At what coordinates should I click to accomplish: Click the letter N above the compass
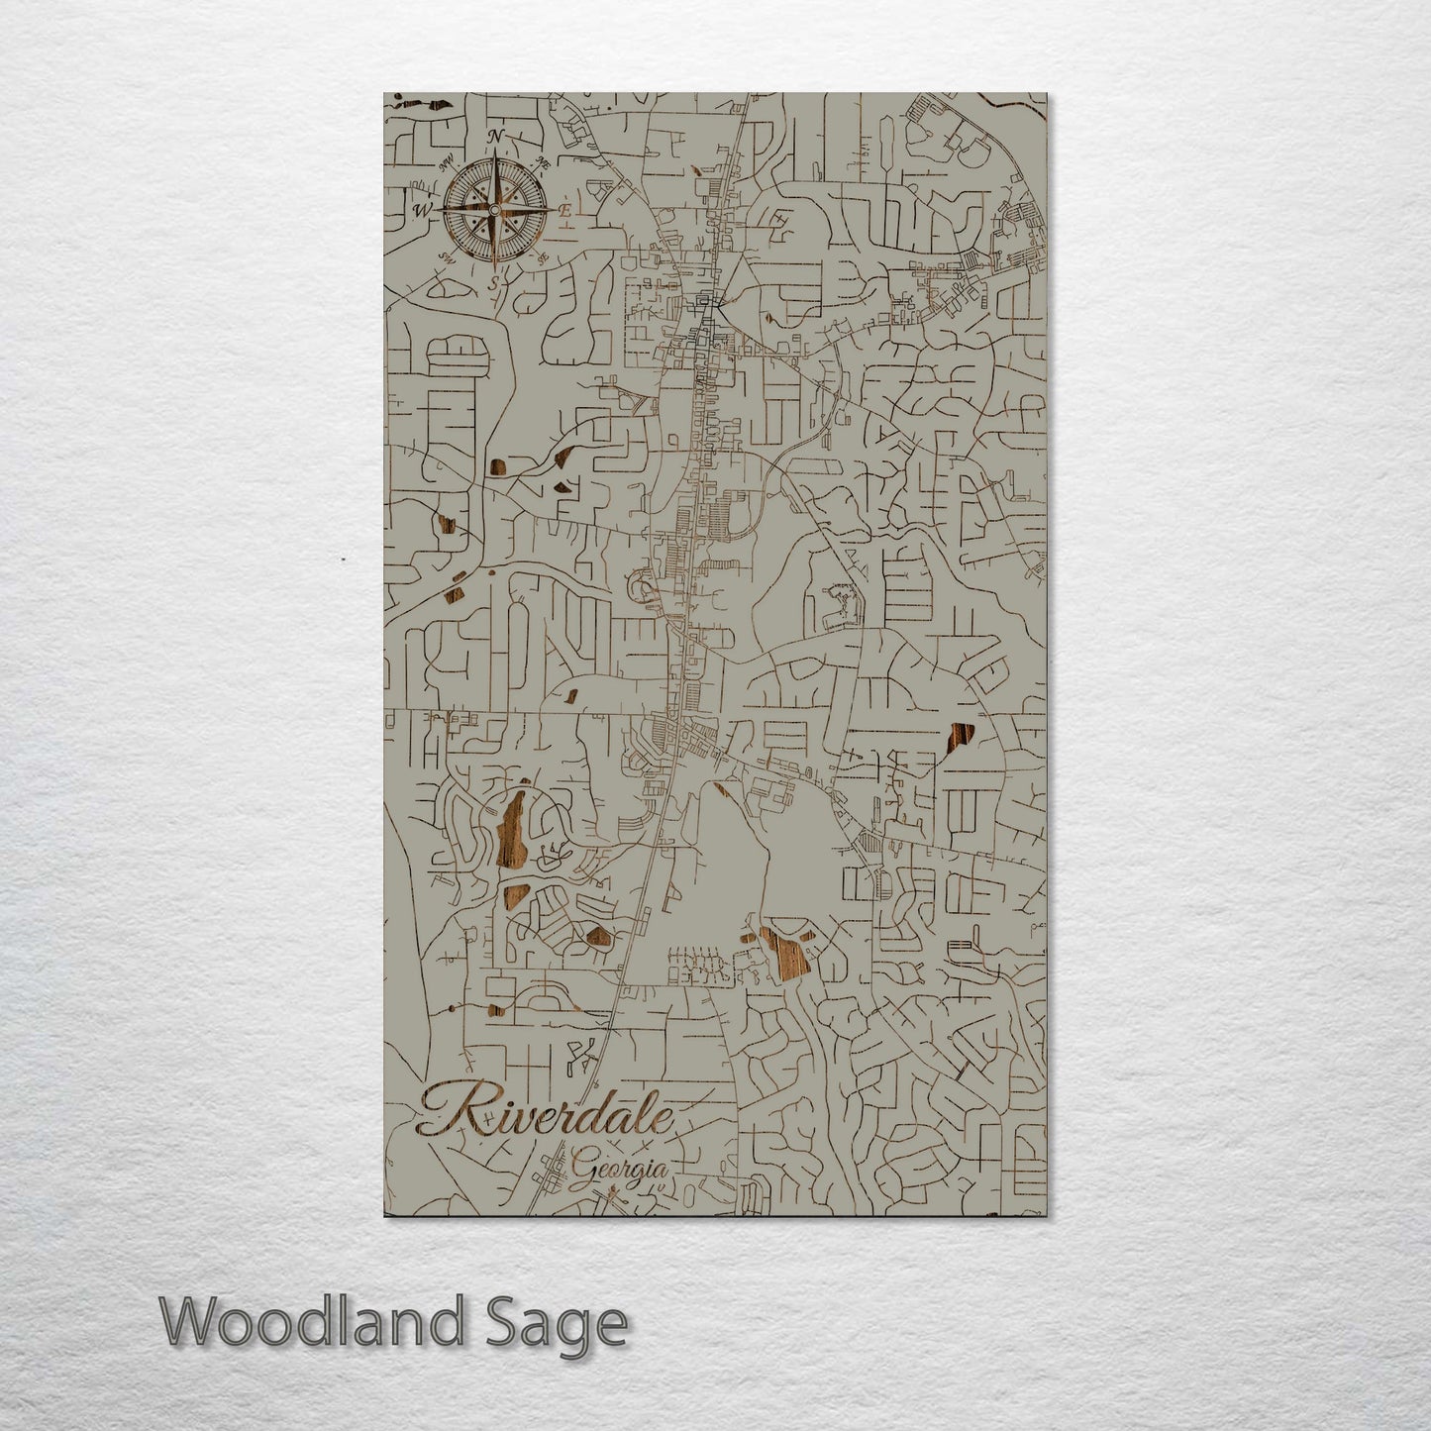pyautogui.click(x=497, y=136)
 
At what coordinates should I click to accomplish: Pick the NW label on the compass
pyautogui.click(x=448, y=162)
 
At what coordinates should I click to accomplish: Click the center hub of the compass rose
pyautogui.click(x=495, y=208)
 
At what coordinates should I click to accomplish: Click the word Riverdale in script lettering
pyautogui.click(x=546, y=1110)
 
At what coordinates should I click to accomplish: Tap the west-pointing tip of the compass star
pyautogui.click(x=437, y=209)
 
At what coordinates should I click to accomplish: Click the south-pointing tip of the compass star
pyautogui.click(x=495, y=267)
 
